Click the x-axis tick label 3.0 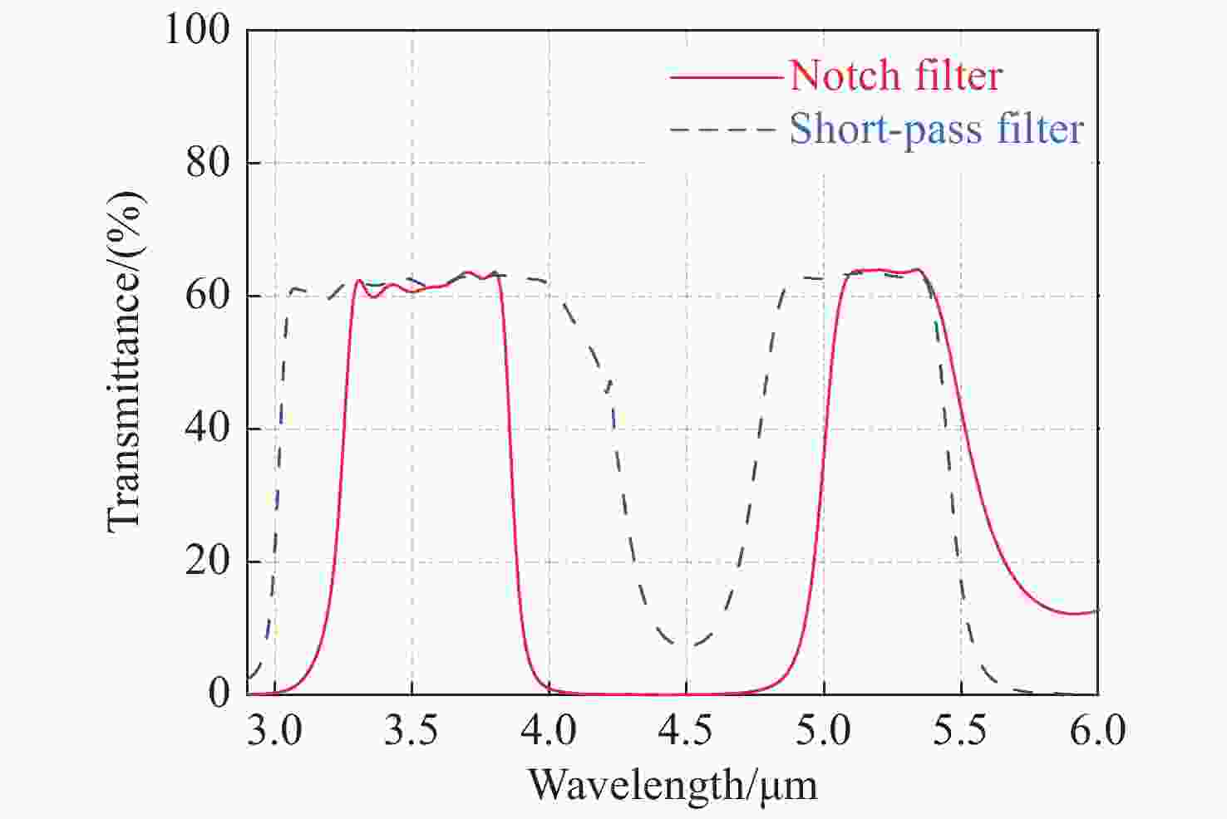tap(274, 731)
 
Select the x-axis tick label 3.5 tap(411, 731)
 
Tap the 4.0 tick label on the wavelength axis tap(549, 731)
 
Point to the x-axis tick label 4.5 tap(686, 731)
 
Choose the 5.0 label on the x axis tap(823, 731)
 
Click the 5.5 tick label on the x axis tap(960, 731)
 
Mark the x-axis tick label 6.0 tap(1097, 731)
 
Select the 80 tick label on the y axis tap(207, 163)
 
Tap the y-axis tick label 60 tap(207, 296)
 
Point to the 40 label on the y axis tap(207, 429)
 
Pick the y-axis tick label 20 tap(207, 562)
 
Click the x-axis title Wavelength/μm tap(673, 785)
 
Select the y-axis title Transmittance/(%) tap(126, 361)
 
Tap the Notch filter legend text tap(895, 76)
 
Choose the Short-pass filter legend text tap(936, 130)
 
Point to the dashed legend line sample tap(726, 130)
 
